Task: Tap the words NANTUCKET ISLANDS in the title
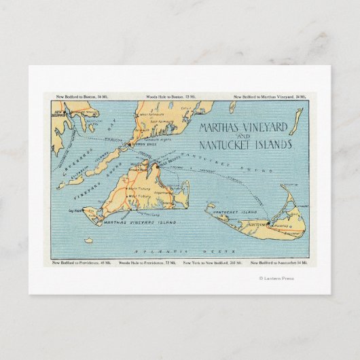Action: point(245,145)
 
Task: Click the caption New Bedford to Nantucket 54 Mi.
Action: point(278,262)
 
